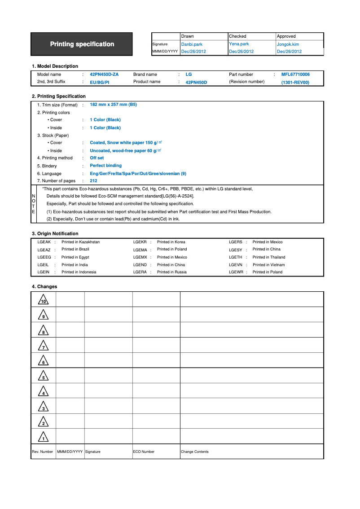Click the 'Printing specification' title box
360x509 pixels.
coord(82,44)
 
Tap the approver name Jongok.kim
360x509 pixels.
coord(288,44)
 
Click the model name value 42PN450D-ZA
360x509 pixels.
coord(104,75)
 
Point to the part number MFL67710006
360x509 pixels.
coord(295,75)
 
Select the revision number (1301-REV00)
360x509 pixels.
coord(295,83)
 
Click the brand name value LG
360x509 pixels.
coord(189,75)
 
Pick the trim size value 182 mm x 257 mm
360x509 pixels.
coord(113,104)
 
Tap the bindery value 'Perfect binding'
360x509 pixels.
coord(105,166)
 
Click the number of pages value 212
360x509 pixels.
coord(93,181)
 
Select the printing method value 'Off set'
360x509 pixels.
coord(97,158)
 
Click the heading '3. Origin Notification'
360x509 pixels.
coord(55,233)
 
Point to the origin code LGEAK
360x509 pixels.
coord(44,242)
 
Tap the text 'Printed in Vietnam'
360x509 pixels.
coord(268,265)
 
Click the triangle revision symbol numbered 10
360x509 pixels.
coord(43,300)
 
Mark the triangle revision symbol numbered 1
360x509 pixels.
coord(43,437)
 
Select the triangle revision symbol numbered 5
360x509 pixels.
coord(43,376)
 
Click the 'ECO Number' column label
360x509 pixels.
coord(144,452)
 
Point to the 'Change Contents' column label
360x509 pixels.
coord(194,452)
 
